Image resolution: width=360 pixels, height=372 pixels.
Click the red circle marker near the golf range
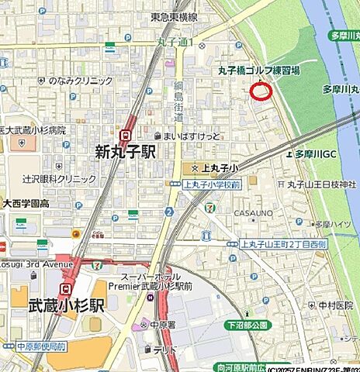tap(261, 91)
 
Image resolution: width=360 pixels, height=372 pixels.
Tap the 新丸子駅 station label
tap(125, 151)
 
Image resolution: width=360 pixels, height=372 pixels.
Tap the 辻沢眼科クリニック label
tap(59, 178)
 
